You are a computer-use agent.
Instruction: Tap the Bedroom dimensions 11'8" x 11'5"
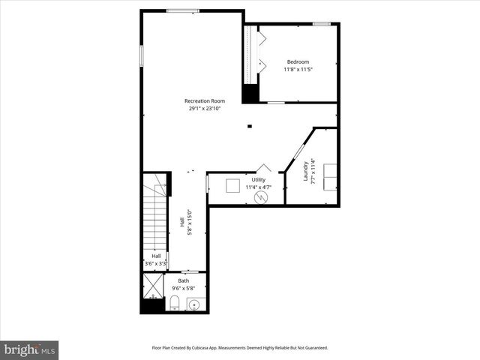(x=298, y=70)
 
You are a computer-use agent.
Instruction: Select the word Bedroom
(x=298, y=61)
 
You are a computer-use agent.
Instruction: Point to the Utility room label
(x=258, y=180)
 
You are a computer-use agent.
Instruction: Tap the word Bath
(x=184, y=280)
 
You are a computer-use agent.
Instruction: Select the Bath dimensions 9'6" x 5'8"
(x=184, y=287)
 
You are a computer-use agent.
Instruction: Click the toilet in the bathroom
(x=174, y=303)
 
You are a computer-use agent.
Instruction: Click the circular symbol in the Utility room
(x=261, y=197)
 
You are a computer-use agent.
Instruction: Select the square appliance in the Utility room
(x=233, y=186)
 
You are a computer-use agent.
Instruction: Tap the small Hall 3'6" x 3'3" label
(x=156, y=260)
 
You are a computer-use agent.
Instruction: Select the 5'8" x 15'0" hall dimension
(x=188, y=222)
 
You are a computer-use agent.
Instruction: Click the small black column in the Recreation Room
(x=250, y=126)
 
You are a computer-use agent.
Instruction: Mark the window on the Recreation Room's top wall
(x=182, y=10)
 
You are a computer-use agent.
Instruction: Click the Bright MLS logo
(x=29, y=349)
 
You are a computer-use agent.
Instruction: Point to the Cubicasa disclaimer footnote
(x=240, y=348)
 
